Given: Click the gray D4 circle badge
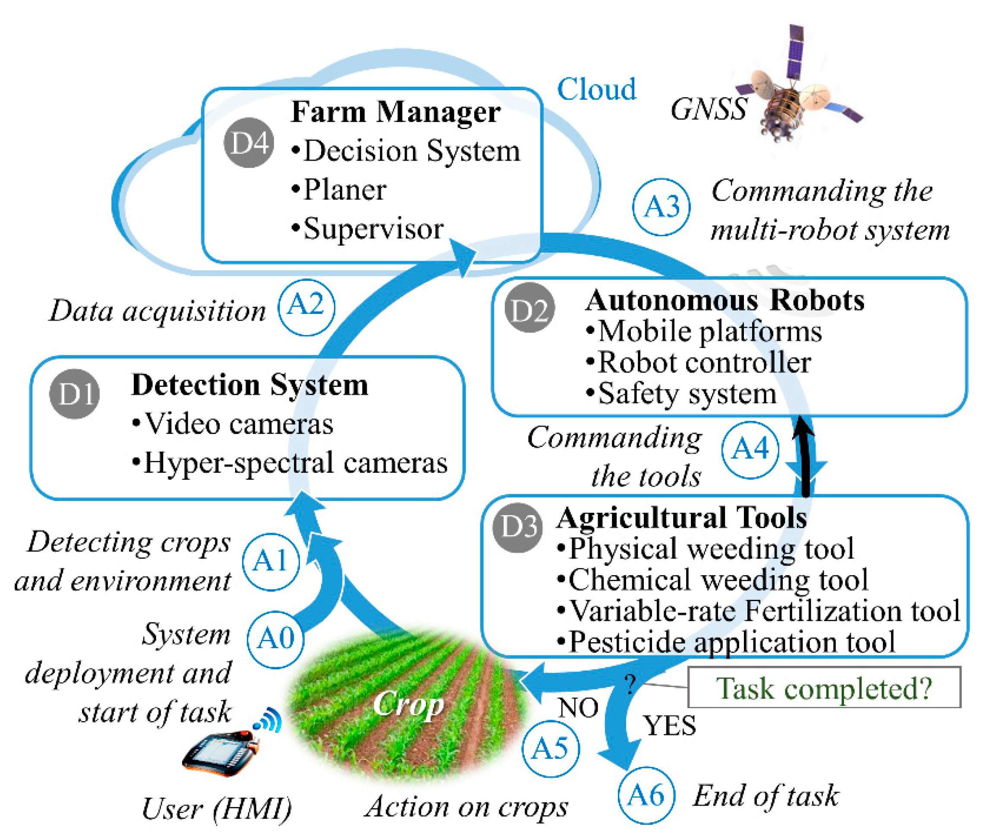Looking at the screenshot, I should [248, 142].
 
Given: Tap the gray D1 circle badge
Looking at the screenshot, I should [74, 393].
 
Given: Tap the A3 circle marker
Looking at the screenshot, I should [661, 207].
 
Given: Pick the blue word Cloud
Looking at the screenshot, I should [596, 89].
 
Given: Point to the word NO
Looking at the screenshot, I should [578, 708].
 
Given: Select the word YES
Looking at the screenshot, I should [669, 725].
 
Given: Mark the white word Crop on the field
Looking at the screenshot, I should [408, 704].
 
